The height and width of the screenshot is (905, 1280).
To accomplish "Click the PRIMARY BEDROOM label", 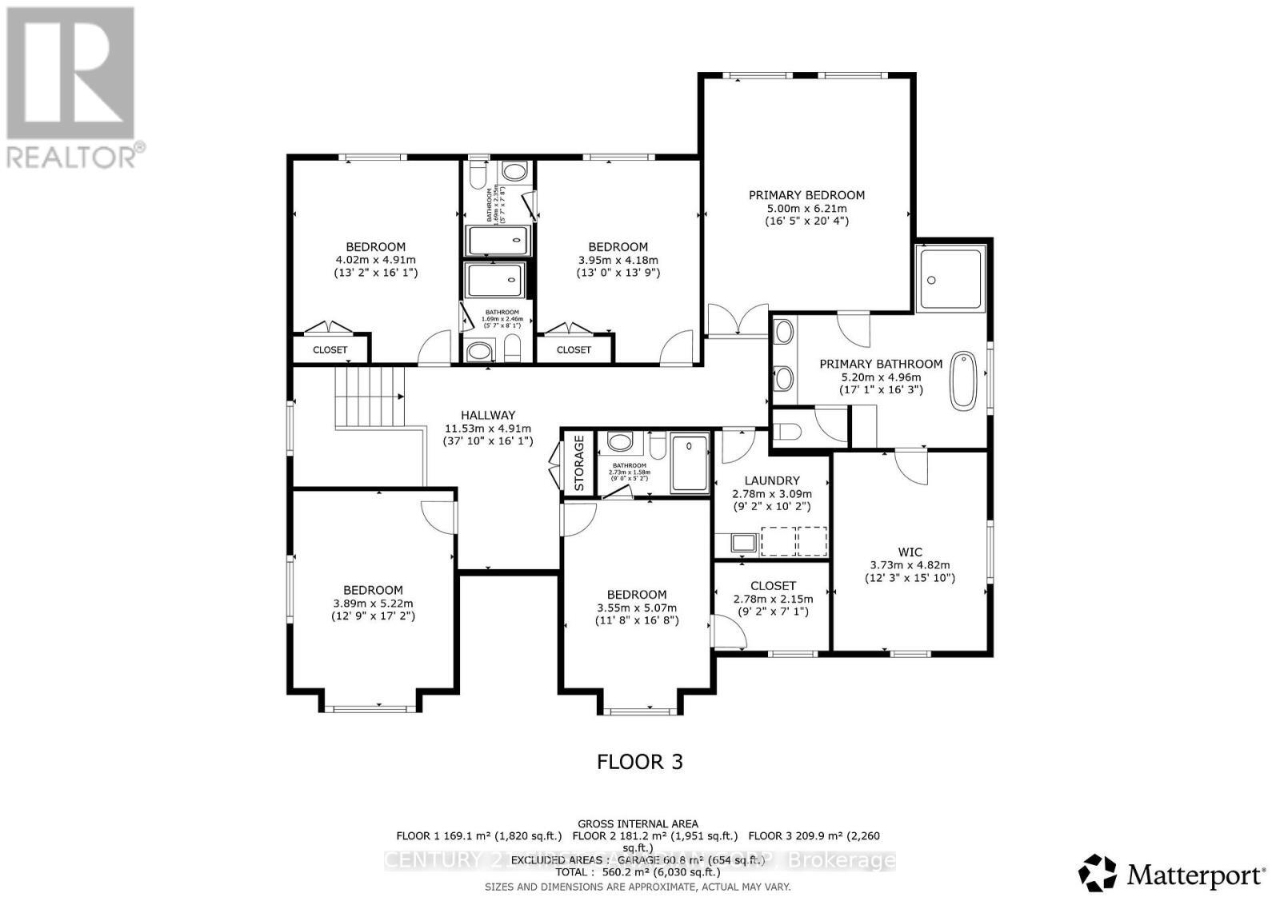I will click(806, 195).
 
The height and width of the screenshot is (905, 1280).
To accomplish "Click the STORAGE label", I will click(579, 464).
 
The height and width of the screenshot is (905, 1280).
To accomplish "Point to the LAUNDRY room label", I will click(771, 480).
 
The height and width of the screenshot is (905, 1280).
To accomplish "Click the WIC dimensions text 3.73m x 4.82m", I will click(910, 564).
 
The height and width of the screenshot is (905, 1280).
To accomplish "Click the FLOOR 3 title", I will click(640, 762).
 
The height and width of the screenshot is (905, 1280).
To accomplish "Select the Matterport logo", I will click(1173, 873).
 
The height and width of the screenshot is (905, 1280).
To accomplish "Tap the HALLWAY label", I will click(488, 415).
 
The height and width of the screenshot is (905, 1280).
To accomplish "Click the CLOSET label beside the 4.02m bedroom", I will click(330, 350).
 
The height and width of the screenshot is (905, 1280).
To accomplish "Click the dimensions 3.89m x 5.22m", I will click(373, 604).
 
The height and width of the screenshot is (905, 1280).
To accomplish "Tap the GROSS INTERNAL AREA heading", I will click(638, 823).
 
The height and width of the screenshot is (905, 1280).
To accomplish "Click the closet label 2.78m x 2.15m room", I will click(773, 586).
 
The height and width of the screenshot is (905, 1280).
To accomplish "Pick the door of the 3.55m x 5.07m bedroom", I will click(578, 520).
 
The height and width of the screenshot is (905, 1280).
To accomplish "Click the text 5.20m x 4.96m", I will click(880, 377).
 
